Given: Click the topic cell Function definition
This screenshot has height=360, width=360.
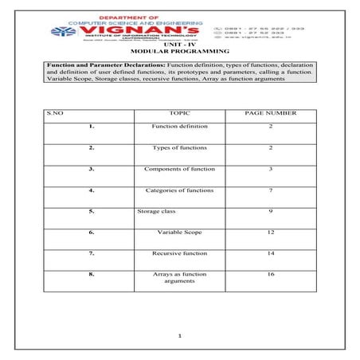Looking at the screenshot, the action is click(x=179, y=127).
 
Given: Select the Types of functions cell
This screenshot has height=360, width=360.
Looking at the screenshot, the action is click(x=179, y=148).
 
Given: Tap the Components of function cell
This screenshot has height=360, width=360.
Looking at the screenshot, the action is click(x=179, y=170).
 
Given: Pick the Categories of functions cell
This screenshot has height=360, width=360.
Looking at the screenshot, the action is click(x=179, y=190).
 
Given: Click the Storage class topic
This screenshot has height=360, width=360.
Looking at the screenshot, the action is click(x=156, y=211).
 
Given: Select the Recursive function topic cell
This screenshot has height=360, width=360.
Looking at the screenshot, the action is click(x=179, y=253).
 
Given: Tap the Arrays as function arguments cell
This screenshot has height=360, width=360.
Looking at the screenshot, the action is click(x=179, y=277).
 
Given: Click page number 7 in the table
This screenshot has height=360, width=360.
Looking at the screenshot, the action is click(x=271, y=190).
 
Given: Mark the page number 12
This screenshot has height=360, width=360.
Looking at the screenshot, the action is click(x=271, y=232).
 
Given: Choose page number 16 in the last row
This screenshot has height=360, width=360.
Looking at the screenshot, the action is click(x=271, y=274).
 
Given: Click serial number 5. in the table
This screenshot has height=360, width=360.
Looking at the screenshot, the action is click(x=92, y=211).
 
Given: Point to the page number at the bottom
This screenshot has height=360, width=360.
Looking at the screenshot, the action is click(x=181, y=336).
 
